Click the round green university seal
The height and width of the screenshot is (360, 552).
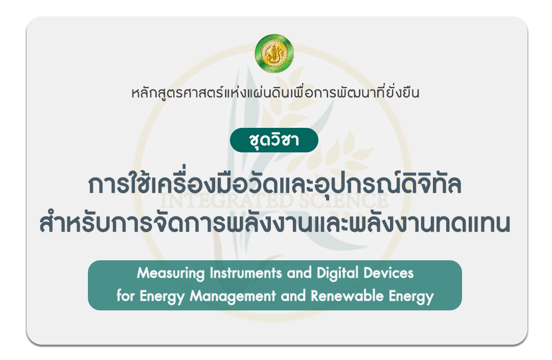pos(274,54)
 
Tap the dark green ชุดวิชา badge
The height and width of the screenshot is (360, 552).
pos(274,140)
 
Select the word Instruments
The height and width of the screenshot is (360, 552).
pos(246,273)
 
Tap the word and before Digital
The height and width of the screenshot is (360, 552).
pos(299,273)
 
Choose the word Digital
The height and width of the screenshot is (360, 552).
pos(338,274)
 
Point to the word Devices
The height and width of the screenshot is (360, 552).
pos(388,273)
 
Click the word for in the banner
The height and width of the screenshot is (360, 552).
pos(126,296)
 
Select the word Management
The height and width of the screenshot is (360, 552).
pos(233,297)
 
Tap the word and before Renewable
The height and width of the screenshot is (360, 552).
pos(293,296)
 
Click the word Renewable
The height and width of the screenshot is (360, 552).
pos(347,296)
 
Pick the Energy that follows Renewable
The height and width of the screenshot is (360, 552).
pos(411,297)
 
